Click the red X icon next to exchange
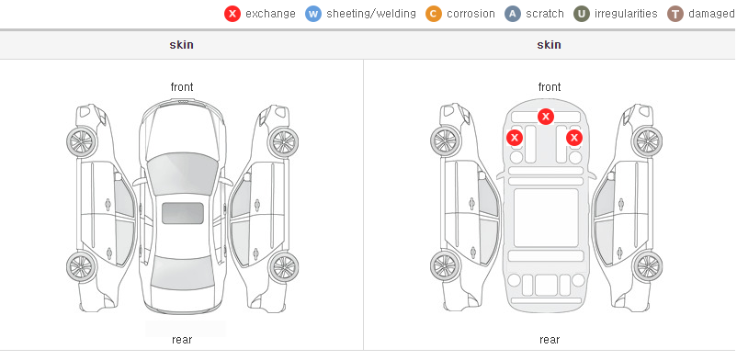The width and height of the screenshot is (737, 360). pos(232,14)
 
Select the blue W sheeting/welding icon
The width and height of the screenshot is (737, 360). pos(313,14)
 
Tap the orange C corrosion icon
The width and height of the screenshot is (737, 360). pos(434,14)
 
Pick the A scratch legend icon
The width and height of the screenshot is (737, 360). pos(513,14)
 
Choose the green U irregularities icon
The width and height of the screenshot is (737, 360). pos(582,14)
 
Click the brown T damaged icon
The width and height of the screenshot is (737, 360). pos(675,14)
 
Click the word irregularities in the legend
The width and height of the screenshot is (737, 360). pos(626,14)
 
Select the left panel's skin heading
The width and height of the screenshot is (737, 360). pos(181,45)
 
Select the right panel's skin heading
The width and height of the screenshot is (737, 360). pos(549,45)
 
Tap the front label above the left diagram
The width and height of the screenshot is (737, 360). pos(182,87)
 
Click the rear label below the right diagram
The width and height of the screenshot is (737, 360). pos(550,340)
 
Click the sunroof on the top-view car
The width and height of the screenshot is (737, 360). pos(183,213)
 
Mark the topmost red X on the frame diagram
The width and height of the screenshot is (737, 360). pos(545,116)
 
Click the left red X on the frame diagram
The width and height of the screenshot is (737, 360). pos(515,138)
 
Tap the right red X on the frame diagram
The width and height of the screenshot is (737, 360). pos(574,138)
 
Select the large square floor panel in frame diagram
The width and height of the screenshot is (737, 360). pos(546,218)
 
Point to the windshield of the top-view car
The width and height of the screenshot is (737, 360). pos(183,174)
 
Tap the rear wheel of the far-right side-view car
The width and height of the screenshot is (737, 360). pos(647,266)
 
